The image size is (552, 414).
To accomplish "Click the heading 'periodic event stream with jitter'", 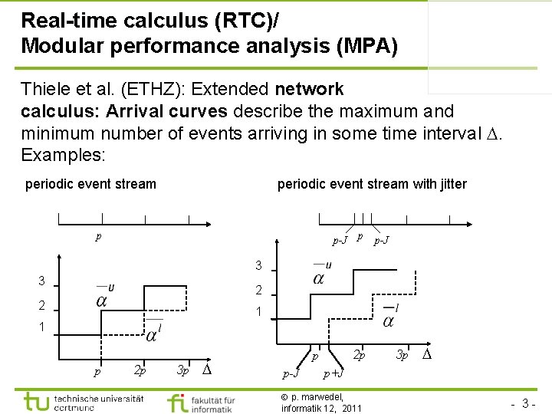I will pyautogui.click(x=371, y=184).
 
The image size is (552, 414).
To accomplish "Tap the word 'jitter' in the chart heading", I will pyautogui.click(x=449, y=184).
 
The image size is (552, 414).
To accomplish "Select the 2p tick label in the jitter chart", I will pyautogui.click(x=358, y=355).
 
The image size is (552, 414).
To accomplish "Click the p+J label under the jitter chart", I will pyautogui.click(x=333, y=373).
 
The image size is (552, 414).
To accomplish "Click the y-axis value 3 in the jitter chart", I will pyautogui.click(x=259, y=266).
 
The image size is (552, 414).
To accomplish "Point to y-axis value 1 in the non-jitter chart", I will pyautogui.click(x=42, y=327).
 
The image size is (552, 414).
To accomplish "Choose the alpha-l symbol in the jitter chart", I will pyautogui.click(x=389, y=315).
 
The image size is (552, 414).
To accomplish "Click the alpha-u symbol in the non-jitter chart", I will pyautogui.click(x=103, y=295).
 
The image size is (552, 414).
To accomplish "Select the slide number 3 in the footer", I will pyautogui.click(x=527, y=402).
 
